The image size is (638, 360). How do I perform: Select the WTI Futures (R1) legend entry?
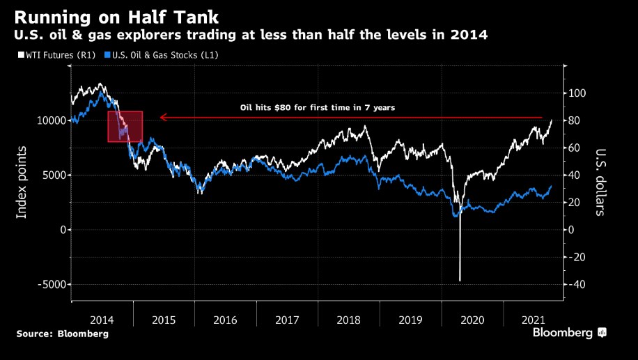[56, 54]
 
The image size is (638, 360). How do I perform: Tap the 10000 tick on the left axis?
[50, 120]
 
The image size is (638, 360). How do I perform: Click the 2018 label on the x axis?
[349, 320]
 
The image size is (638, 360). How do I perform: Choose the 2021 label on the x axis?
[534, 320]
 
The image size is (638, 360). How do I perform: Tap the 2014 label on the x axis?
[102, 320]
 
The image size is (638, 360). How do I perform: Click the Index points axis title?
[22, 182]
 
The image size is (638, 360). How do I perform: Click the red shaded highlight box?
[125, 127]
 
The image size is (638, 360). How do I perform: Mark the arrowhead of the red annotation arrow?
[162, 118]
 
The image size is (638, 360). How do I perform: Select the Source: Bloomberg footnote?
[63, 334]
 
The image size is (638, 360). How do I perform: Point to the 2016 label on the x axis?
[225, 320]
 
